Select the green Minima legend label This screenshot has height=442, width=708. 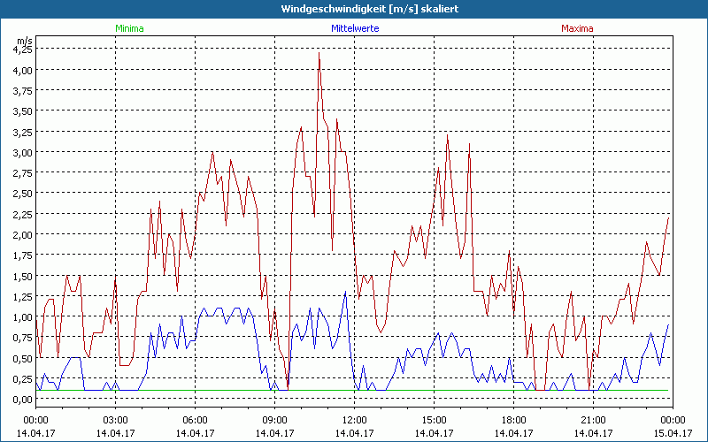pos(128,28)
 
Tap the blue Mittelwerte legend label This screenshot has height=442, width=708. pos(355,28)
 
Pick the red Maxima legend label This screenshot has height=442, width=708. pos(578,28)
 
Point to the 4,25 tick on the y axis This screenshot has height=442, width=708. pos(21,50)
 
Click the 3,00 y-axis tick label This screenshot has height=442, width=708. pos(21,152)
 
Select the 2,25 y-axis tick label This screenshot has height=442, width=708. pos(21,214)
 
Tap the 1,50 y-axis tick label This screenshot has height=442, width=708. pos(21,276)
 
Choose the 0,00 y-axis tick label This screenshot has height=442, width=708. pos(21,399)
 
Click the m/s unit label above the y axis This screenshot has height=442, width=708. pos(23,40)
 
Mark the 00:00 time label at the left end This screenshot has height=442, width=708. pos(35,420)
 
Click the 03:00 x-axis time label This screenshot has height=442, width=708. pos(115,420)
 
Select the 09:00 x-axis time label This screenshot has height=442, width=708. pos(274,420)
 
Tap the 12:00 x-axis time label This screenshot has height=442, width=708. pos(354,420)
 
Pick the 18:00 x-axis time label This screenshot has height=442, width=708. pos(513,420)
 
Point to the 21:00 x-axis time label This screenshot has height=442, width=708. pos(593,420)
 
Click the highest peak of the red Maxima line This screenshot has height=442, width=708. pos(319,53)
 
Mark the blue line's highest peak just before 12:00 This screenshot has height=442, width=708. pos(345,292)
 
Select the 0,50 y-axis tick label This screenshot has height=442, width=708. pos(21,358)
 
